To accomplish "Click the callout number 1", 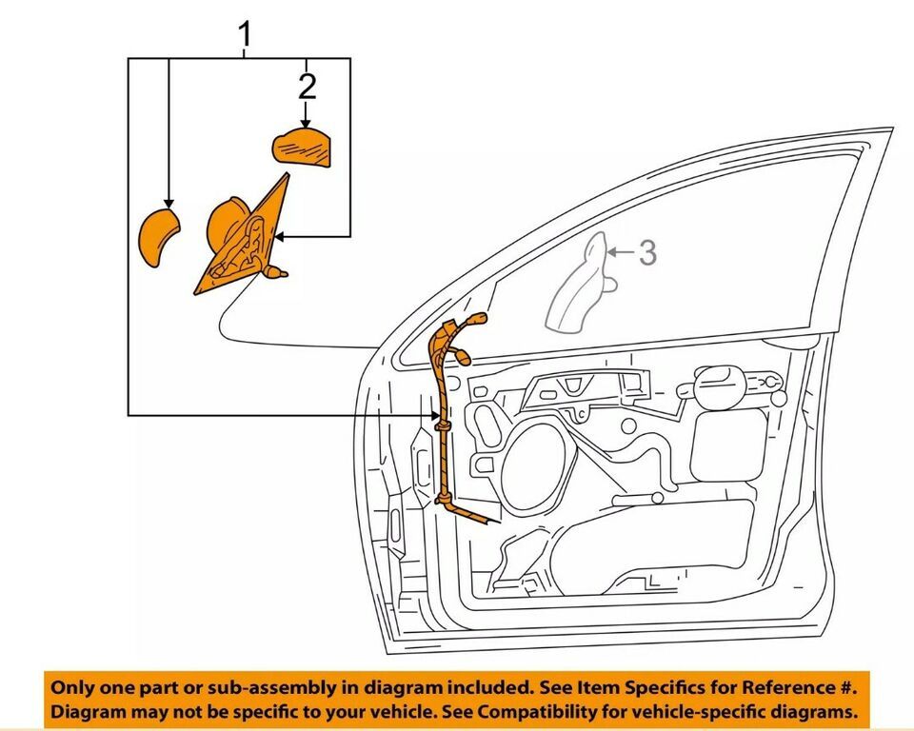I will point(246,35).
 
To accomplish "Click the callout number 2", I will point(307,87).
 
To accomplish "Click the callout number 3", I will point(647,252).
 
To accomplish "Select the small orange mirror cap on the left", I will point(158,239).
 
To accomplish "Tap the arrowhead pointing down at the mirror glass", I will point(306,123).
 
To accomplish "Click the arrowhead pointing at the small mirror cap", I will point(169,203).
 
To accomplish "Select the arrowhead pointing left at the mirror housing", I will point(278,235).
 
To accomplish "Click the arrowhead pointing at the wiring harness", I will point(435,415).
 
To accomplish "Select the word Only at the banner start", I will point(72,686).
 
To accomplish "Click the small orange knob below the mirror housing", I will point(277,273).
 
